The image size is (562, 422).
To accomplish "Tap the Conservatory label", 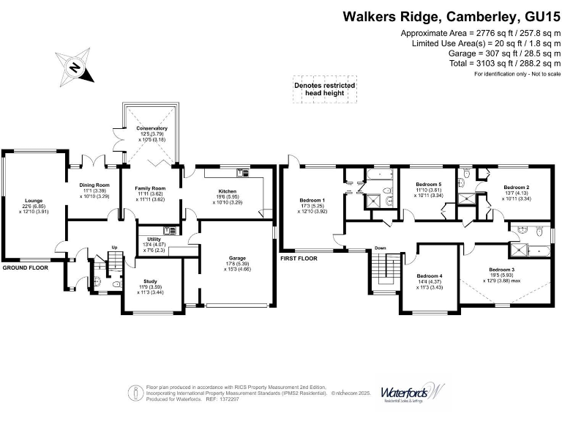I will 151,128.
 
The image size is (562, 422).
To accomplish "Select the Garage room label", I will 236,259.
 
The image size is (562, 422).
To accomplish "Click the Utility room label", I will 154,239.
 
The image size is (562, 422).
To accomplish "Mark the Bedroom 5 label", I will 429,184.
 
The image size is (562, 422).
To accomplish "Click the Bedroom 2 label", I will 516,187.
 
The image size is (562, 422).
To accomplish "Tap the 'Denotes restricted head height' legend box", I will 325,89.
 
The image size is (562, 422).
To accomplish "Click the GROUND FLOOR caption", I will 25,268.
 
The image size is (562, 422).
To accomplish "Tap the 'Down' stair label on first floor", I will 381,248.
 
